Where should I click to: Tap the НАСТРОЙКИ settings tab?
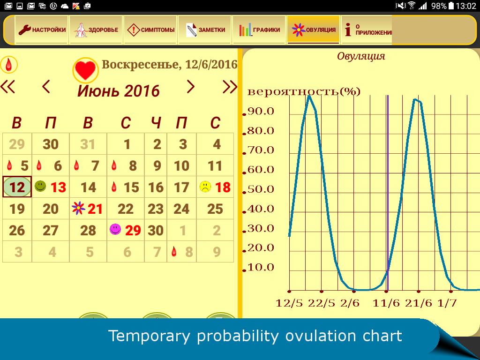[x=42, y=30]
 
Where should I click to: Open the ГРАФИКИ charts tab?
[x=259, y=30]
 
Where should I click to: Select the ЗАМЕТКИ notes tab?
[x=205, y=30]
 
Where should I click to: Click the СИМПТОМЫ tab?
[x=150, y=30]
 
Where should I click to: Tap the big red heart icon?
[x=85, y=70]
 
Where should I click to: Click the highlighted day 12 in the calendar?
[x=17, y=187]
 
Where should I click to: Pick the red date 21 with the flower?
[x=95, y=209]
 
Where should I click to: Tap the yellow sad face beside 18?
[x=205, y=187]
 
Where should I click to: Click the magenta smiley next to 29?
[x=115, y=229]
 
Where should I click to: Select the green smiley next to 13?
[x=40, y=186]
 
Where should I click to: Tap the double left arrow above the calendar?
[x=7, y=86]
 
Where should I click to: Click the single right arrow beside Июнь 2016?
[x=190, y=87]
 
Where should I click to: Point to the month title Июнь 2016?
[x=119, y=91]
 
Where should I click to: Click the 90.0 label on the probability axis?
[x=261, y=111]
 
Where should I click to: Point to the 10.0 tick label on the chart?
[x=261, y=267]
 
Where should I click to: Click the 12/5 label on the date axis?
[x=289, y=303]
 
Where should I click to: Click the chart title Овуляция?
[x=361, y=56]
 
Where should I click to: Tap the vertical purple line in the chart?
[x=388, y=193]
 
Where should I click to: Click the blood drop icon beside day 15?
[x=114, y=187]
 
